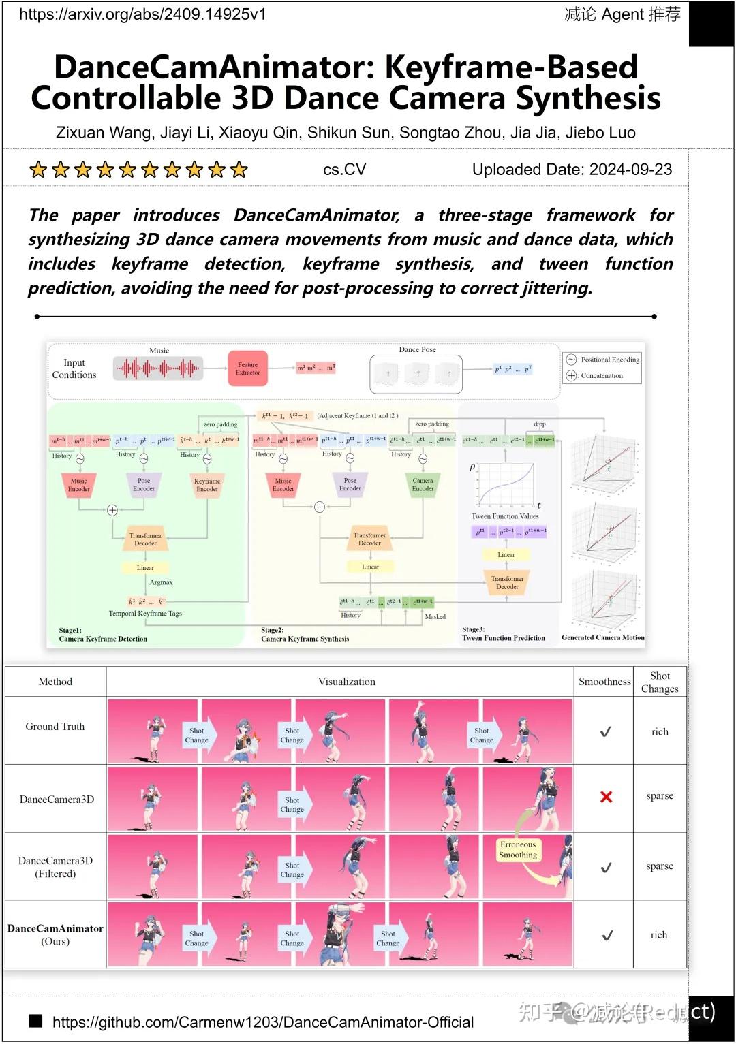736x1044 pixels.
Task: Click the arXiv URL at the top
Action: [x=142, y=14]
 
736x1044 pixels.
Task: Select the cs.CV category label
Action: [x=344, y=170]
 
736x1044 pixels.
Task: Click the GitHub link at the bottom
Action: [x=262, y=1022]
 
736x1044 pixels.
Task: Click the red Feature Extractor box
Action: [x=247, y=368]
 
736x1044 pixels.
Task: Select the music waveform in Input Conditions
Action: [x=159, y=368]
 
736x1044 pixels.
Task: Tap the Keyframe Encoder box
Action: [x=206, y=484]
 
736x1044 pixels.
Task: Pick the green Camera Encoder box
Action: [x=423, y=484]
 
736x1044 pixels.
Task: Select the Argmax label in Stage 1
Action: [x=161, y=582]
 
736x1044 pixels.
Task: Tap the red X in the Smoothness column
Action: [x=606, y=797]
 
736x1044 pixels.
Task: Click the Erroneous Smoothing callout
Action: [x=518, y=850]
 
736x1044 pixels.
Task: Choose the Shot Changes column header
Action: [x=660, y=682]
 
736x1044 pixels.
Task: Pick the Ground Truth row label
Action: [x=55, y=727]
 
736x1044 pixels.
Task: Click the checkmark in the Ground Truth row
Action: [x=605, y=732]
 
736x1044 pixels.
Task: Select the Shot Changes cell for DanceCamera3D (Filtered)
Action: [x=660, y=866]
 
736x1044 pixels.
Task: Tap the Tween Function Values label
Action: [x=505, y=516]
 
